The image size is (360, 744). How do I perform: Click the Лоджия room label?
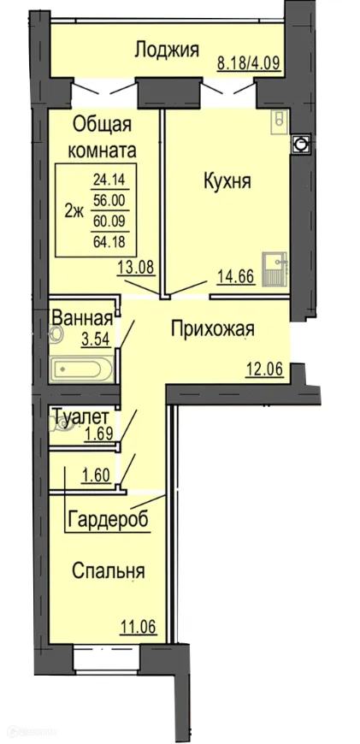167,50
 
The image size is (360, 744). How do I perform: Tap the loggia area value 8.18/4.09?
250,62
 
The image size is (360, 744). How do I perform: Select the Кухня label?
227,180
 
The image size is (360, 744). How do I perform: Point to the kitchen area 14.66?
236,275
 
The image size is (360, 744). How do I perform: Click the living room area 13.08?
136,268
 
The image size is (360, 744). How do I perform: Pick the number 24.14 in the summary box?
108,180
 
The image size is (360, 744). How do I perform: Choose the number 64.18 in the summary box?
109,242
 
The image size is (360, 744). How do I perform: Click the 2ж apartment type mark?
74,212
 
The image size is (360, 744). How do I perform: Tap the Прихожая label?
213,329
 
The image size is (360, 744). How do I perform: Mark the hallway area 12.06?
265,369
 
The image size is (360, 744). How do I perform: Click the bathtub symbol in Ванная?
81,369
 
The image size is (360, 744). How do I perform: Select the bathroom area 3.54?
97,340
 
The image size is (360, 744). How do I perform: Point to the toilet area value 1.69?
99,435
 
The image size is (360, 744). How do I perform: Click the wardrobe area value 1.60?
97,475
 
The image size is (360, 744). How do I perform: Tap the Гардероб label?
108,519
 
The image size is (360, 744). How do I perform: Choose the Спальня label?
108,571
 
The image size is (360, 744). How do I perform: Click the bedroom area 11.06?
138,627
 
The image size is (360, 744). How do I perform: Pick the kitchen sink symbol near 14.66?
275,269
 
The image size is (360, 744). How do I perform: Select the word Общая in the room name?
102,125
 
